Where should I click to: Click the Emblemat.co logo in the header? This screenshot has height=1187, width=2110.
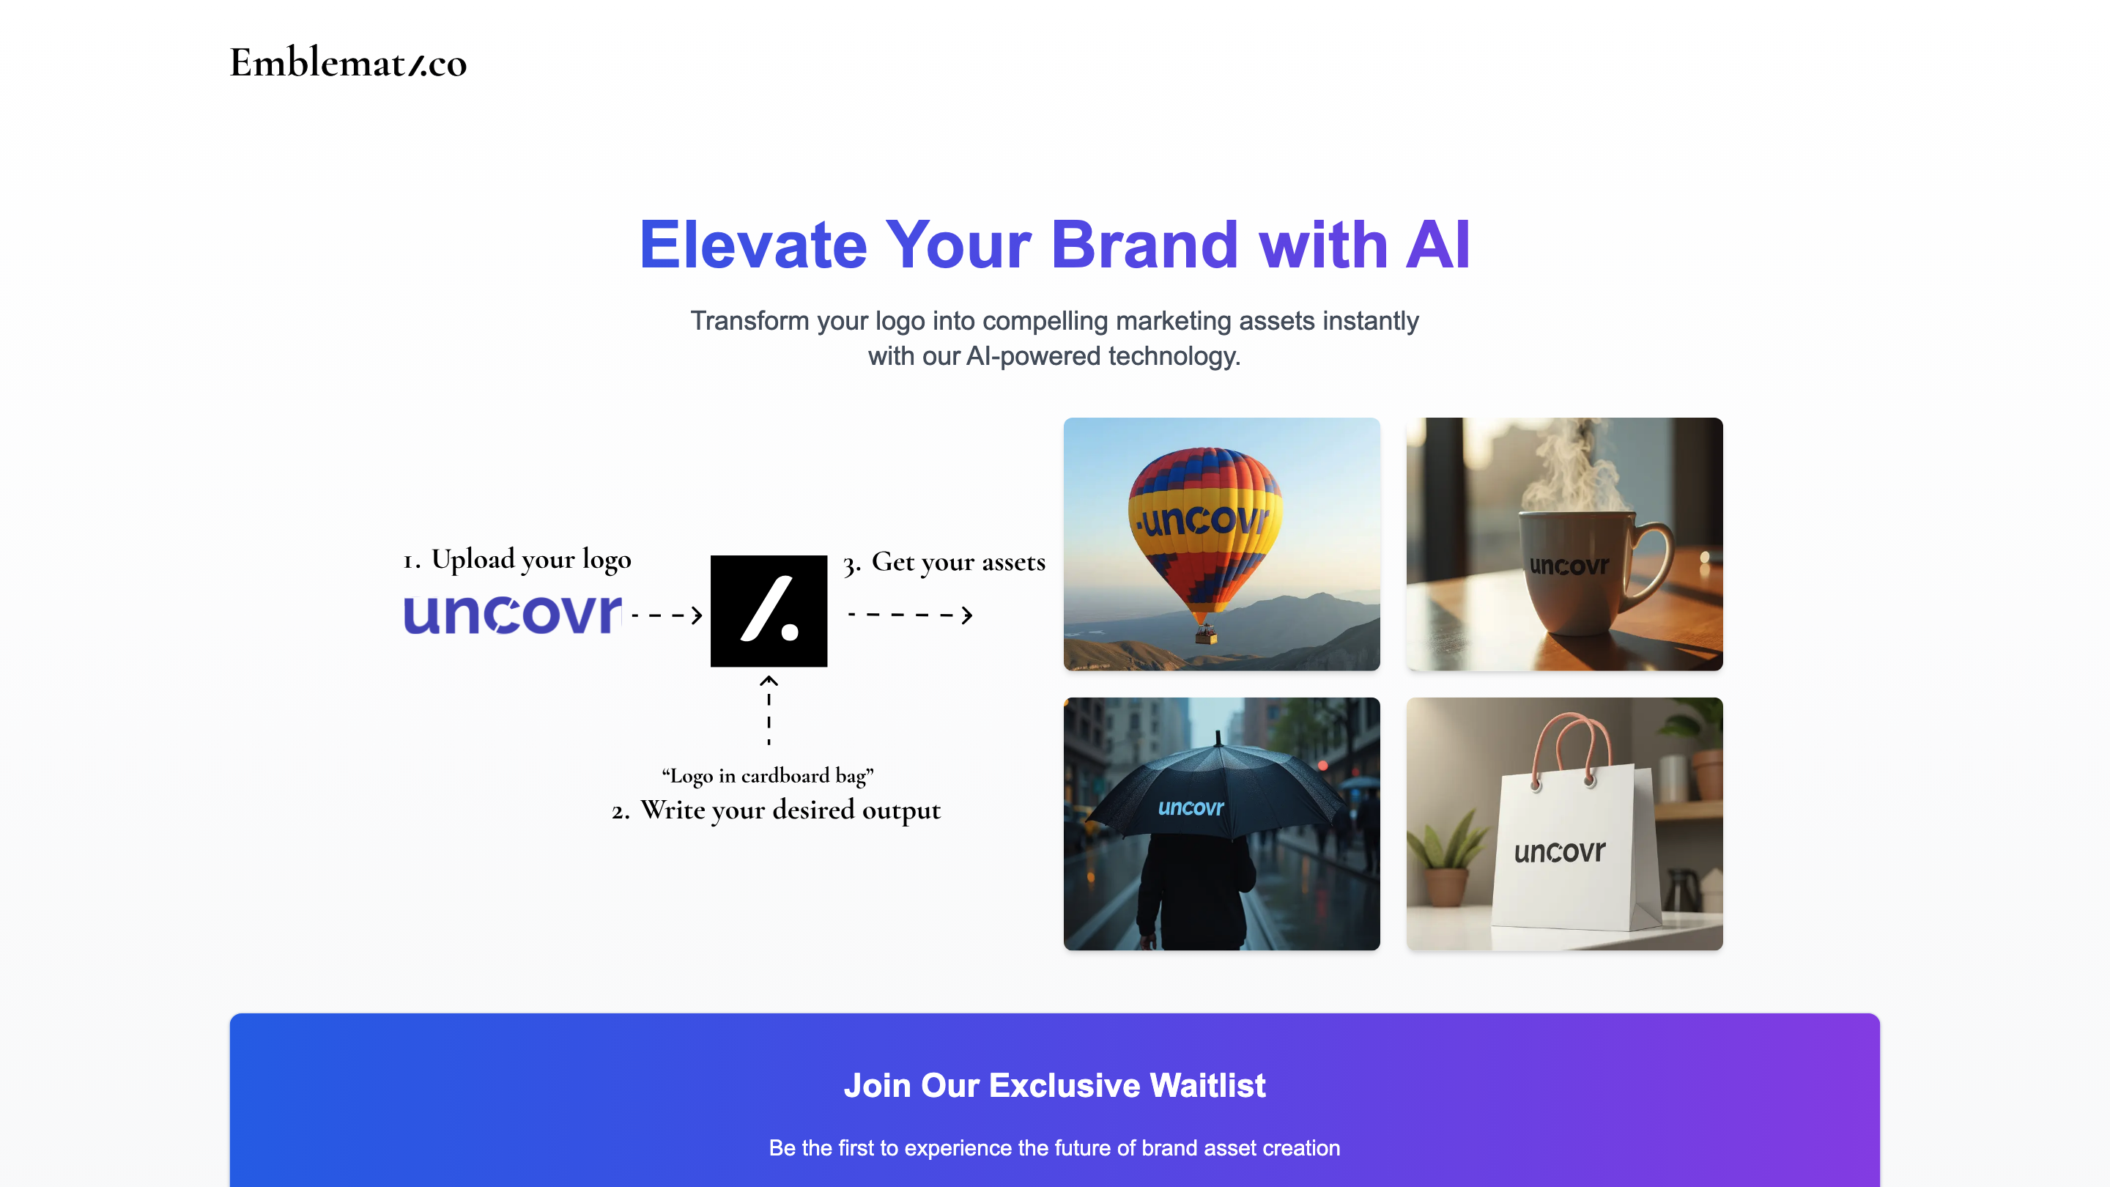point(348,63)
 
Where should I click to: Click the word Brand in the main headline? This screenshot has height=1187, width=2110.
point(1144,244)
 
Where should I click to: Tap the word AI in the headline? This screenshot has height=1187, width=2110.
point(1437,244)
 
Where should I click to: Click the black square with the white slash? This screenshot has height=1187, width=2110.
point(769,611)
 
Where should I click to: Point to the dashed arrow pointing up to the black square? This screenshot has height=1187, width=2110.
point(769,709)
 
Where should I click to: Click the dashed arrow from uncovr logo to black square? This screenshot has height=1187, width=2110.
point(667,615)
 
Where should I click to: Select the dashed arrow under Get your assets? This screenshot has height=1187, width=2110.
point(910,615)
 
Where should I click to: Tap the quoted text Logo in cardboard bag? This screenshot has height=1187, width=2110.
point(768,775)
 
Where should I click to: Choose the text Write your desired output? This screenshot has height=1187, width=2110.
point(791,810)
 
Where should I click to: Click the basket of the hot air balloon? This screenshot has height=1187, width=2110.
point(1206,634)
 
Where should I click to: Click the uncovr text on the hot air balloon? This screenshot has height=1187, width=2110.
point(1202,520)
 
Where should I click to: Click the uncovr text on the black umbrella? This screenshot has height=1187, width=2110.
point(1191,807)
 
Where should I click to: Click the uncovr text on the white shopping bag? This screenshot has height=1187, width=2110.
point(1560,851)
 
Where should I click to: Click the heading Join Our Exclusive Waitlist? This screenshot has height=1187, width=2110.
point(1055,1085)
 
